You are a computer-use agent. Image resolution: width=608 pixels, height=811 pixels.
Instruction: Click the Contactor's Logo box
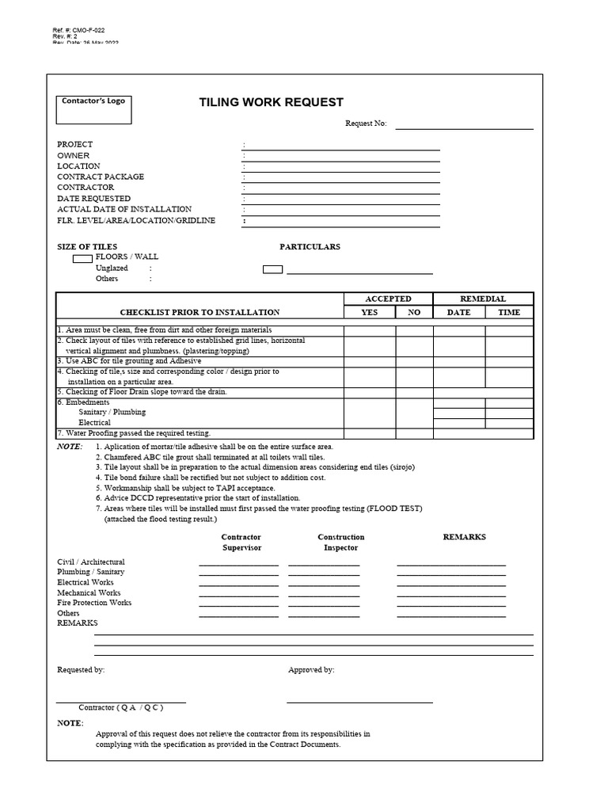pos(93,110)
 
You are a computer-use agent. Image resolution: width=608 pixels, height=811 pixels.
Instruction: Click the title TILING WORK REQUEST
pos(271,102)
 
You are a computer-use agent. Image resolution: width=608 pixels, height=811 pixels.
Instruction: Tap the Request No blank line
pos(464,128)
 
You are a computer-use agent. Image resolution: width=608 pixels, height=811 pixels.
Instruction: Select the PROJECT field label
pos(74,144)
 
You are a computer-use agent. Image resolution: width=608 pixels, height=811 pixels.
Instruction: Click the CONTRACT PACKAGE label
pos(100,177)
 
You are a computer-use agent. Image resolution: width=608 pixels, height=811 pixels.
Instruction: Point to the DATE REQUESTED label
pos(93,199)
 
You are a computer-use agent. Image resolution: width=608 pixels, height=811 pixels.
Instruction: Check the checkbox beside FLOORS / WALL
pos(82,258)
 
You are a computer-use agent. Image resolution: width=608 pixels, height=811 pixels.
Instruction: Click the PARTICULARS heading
pos(310,247)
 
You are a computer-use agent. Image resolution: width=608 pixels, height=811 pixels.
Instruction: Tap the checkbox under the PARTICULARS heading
pos(272,269)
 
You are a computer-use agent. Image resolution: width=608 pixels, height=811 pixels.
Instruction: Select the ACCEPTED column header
pos(387,299)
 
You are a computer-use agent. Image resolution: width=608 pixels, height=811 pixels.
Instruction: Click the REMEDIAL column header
pos(483,299)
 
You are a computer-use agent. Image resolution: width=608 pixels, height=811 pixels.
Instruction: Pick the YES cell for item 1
pos(369,330)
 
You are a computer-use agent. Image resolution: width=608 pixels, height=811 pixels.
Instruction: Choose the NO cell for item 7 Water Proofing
pos(414,434)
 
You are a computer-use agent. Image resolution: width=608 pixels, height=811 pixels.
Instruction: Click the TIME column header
pos(509,312)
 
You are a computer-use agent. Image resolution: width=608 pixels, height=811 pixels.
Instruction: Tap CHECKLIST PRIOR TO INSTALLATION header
pos(199,312)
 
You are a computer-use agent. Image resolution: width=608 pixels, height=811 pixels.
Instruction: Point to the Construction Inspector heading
pos(340,543)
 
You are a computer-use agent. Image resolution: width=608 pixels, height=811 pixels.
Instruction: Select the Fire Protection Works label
pos(94,603)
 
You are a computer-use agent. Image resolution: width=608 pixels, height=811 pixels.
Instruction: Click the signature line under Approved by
pos(359,702)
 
